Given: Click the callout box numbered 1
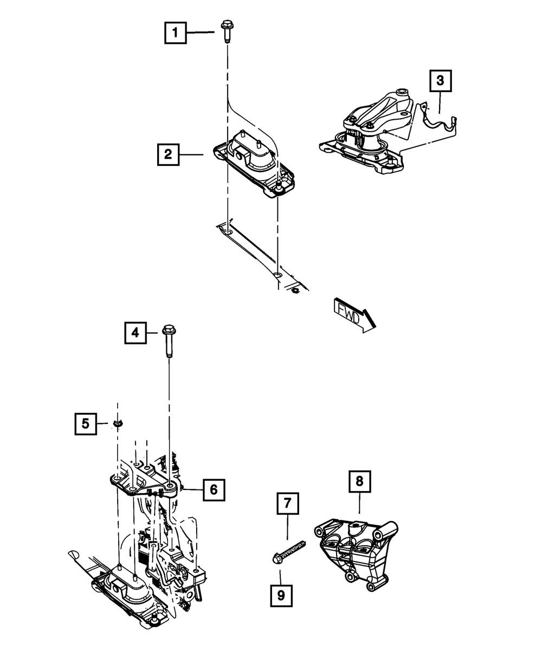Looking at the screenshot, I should click(x=175, y=33).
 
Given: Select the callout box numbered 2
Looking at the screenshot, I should click(x=169, y=154).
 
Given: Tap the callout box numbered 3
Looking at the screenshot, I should click(x=440, y=81).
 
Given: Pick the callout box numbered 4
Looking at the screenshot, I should click(x=135, y=332).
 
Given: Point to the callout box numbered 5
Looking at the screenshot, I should click(x=86, y=423).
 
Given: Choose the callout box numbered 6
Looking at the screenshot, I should click(x=214, y=489).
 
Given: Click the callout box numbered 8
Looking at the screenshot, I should click(x=360, y=481).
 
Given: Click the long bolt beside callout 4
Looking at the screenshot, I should click(x=168, y=341).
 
